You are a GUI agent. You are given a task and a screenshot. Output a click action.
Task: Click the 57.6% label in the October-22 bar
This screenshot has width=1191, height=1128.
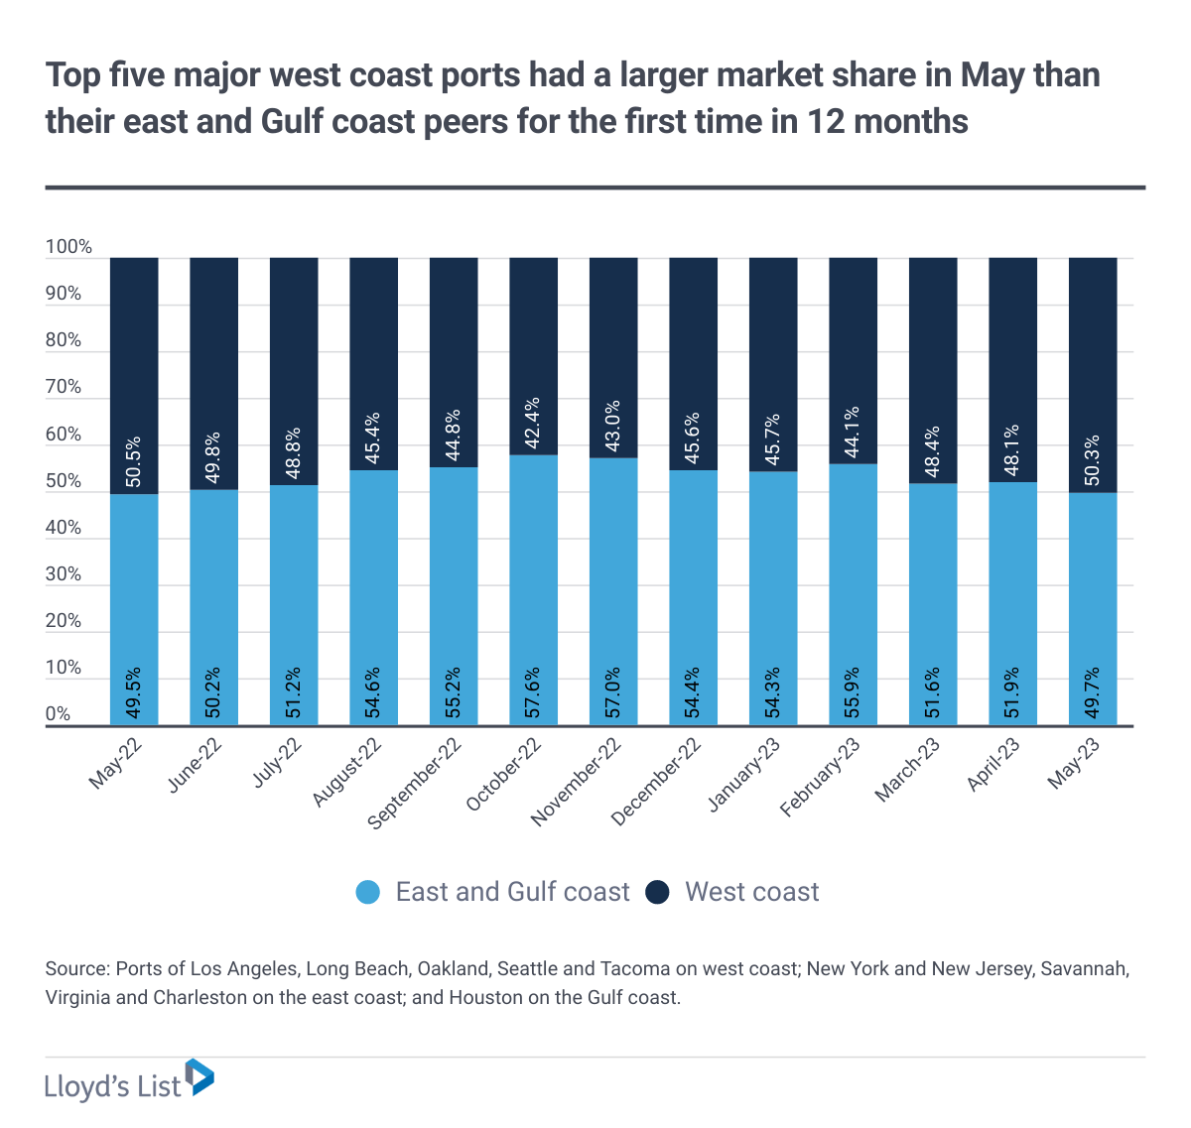[534, 693]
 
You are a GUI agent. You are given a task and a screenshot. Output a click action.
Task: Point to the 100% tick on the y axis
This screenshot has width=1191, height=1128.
[68, 248]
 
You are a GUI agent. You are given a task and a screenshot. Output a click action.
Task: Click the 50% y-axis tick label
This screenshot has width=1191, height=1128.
[64, 482]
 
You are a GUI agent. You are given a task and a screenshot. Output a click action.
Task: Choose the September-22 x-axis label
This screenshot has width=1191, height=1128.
[416, 785]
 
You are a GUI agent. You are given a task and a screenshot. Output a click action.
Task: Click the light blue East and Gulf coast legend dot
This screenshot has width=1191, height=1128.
[368, 892]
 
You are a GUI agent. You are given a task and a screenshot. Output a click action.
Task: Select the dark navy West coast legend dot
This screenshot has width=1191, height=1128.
[657, 892]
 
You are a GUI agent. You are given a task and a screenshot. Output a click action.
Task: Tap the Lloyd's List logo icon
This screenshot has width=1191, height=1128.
[200, 1077]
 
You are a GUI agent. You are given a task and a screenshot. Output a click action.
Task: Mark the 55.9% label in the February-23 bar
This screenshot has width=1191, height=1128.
[854, 693]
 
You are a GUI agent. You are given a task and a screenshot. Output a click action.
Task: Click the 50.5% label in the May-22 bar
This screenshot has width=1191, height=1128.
[134, 462]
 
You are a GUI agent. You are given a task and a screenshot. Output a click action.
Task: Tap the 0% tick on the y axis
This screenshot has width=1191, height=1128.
[59, 715]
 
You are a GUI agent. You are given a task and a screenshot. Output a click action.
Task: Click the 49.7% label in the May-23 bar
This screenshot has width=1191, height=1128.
[1093, 693]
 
